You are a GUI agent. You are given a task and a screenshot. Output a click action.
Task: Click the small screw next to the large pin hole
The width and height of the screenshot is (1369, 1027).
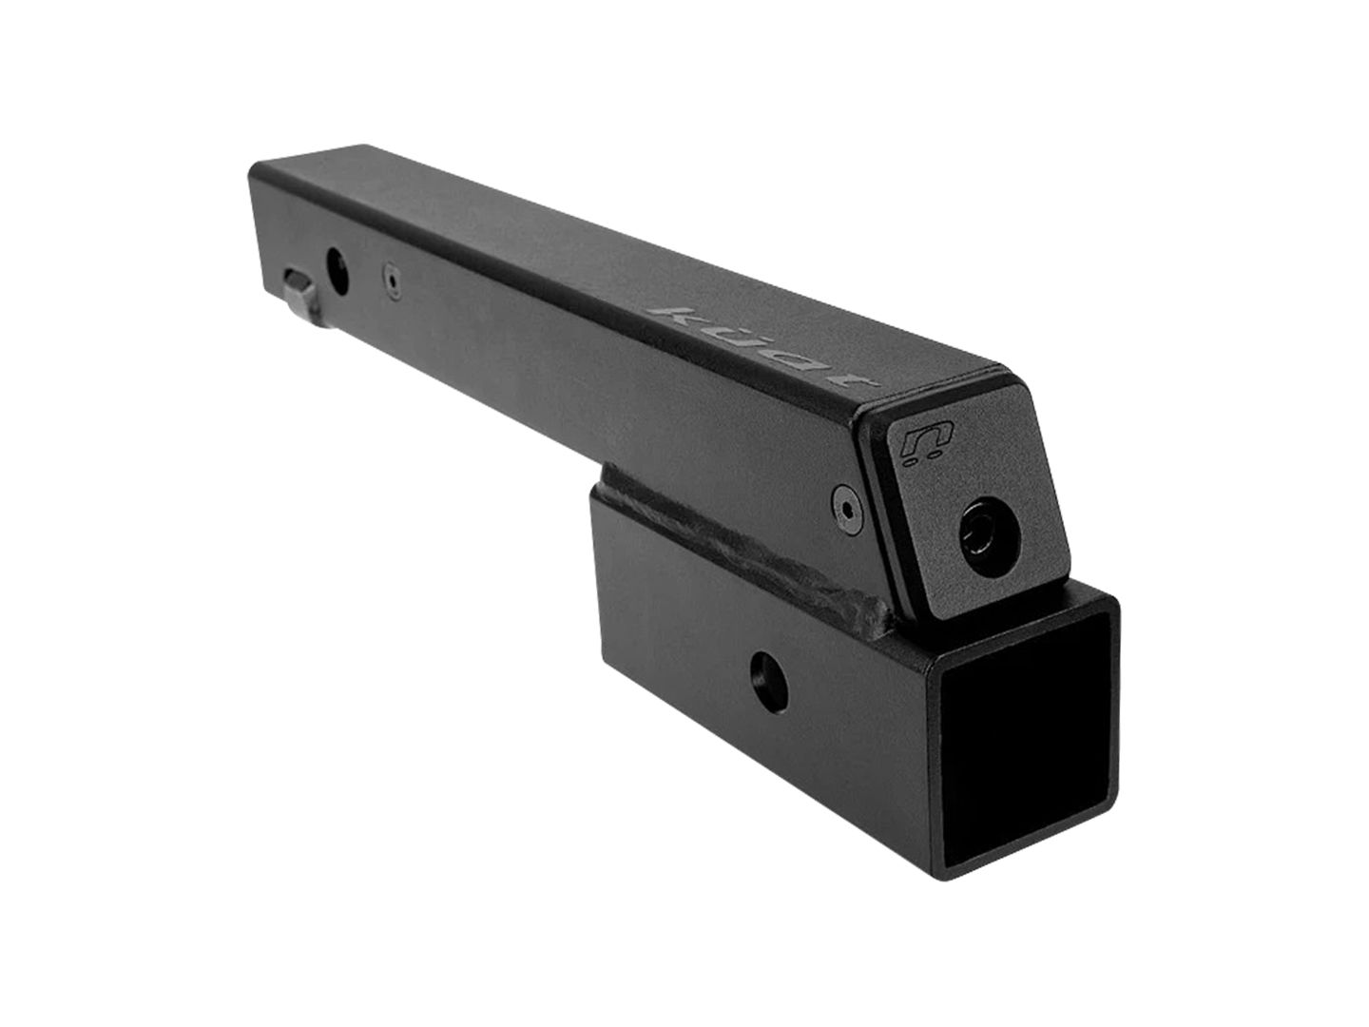tap(390, 281)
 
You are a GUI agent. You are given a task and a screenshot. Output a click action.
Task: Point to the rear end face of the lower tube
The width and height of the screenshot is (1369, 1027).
tap(599, 533)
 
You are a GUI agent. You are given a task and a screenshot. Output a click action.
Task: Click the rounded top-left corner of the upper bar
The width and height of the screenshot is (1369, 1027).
tap(257, 171)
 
